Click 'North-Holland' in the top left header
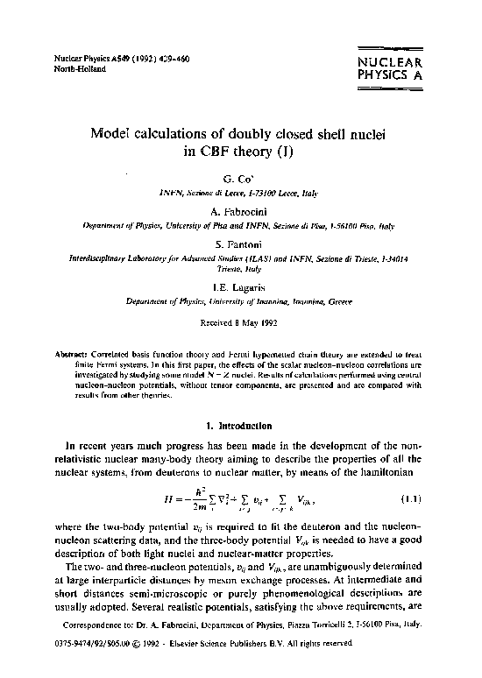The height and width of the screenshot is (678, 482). click(80, 68)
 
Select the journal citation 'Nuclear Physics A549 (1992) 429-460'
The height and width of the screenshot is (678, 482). click(120, 58)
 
